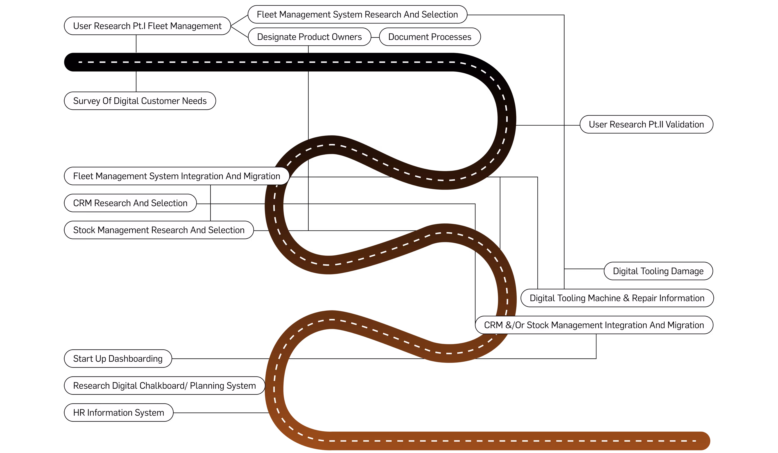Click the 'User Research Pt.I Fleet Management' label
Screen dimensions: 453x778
coord(147,26)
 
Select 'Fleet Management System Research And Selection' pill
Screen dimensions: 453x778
coord(357,14)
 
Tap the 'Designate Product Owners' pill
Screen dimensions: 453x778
coord(309,37)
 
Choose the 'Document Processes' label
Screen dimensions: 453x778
coord(430,37)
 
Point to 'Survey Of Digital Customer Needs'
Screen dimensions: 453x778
coord(140,101)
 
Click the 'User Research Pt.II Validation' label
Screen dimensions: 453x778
coord(646,125)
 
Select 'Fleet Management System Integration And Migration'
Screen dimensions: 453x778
coord(176,176)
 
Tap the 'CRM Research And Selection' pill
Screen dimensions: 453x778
coord(130,203)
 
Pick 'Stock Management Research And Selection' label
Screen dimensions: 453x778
coord(159,230)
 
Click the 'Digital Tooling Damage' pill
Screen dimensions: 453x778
coord(658,271)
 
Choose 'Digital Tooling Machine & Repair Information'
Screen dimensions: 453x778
coord(617,298)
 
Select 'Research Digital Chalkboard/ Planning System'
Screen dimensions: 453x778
coord(165,386)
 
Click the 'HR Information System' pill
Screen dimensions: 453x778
coord(119,413)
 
